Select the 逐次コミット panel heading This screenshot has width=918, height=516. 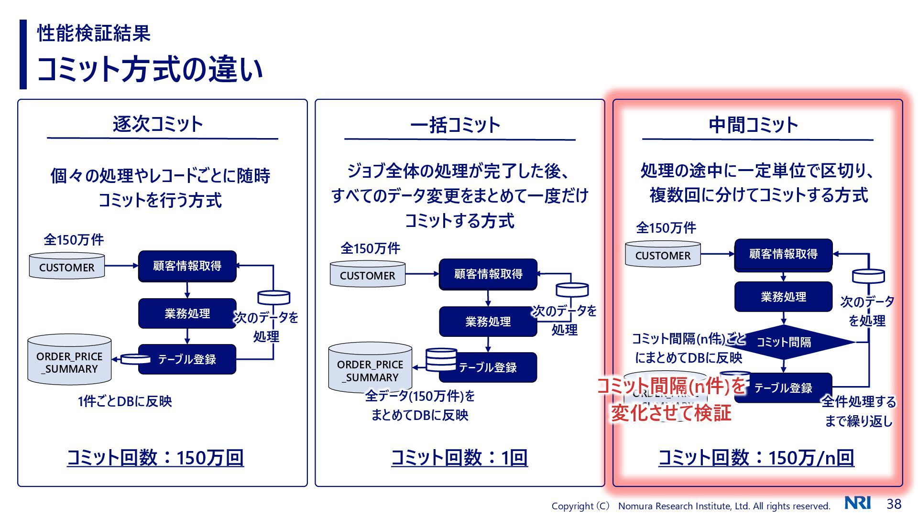158,124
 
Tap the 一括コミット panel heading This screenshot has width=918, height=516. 455,125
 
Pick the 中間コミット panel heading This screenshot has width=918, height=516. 754,125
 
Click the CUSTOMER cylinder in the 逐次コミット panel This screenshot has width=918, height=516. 67,267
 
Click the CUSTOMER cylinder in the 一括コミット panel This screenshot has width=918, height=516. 367,275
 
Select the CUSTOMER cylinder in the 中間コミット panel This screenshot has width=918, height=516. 663,255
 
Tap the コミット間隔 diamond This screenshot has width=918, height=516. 784,342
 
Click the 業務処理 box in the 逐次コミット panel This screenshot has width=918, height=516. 187,313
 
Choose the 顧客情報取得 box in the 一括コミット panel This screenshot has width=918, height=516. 488,274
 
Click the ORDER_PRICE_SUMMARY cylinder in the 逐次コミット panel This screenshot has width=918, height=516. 69,362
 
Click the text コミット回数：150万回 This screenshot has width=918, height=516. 155,458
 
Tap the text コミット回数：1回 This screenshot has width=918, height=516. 459,458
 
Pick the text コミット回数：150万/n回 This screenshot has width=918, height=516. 756,458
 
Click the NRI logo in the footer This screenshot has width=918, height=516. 858,503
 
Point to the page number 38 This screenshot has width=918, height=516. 894,504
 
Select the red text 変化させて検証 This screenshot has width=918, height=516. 671,413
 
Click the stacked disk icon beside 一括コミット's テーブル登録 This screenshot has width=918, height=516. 441,360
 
